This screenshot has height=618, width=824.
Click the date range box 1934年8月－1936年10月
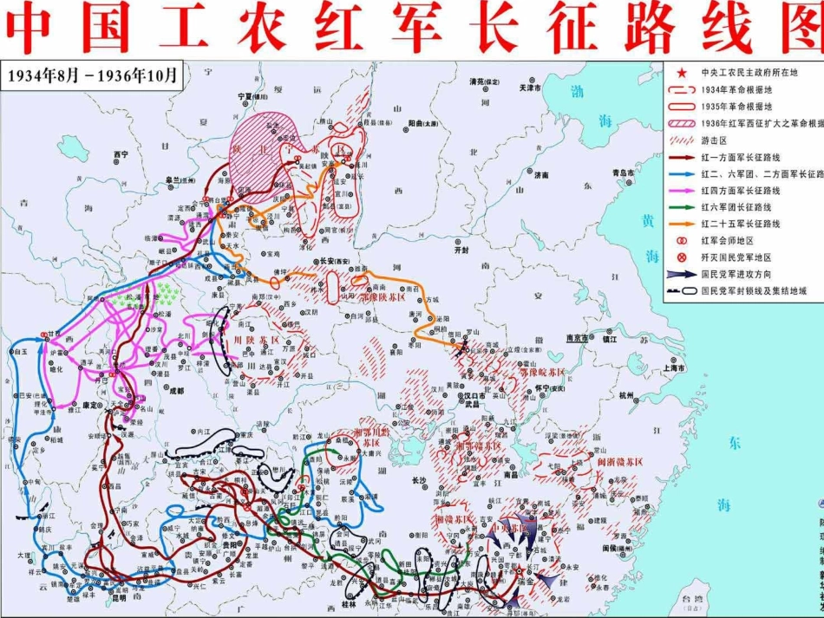92,75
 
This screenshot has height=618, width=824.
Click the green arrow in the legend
683,207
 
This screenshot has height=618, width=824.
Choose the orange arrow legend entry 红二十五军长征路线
683,224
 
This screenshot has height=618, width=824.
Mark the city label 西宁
120,154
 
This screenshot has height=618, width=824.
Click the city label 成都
176,391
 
